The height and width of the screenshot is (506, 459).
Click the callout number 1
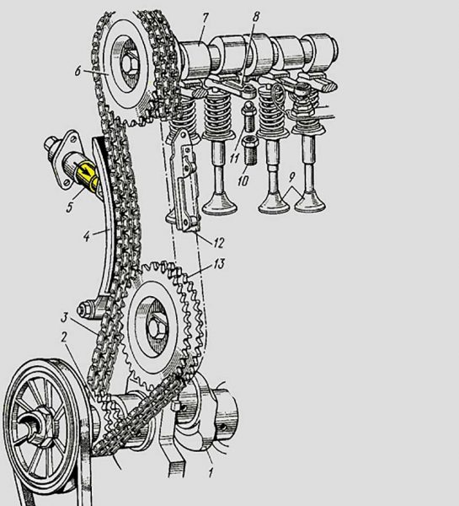211,473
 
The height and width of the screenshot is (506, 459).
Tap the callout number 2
65,338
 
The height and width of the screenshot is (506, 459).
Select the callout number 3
64,318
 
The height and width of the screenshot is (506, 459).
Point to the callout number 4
87,237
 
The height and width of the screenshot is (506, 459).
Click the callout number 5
70,207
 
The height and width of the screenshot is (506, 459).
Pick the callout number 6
77,71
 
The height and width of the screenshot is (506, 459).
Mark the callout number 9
292,176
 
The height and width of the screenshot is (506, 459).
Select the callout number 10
243,180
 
